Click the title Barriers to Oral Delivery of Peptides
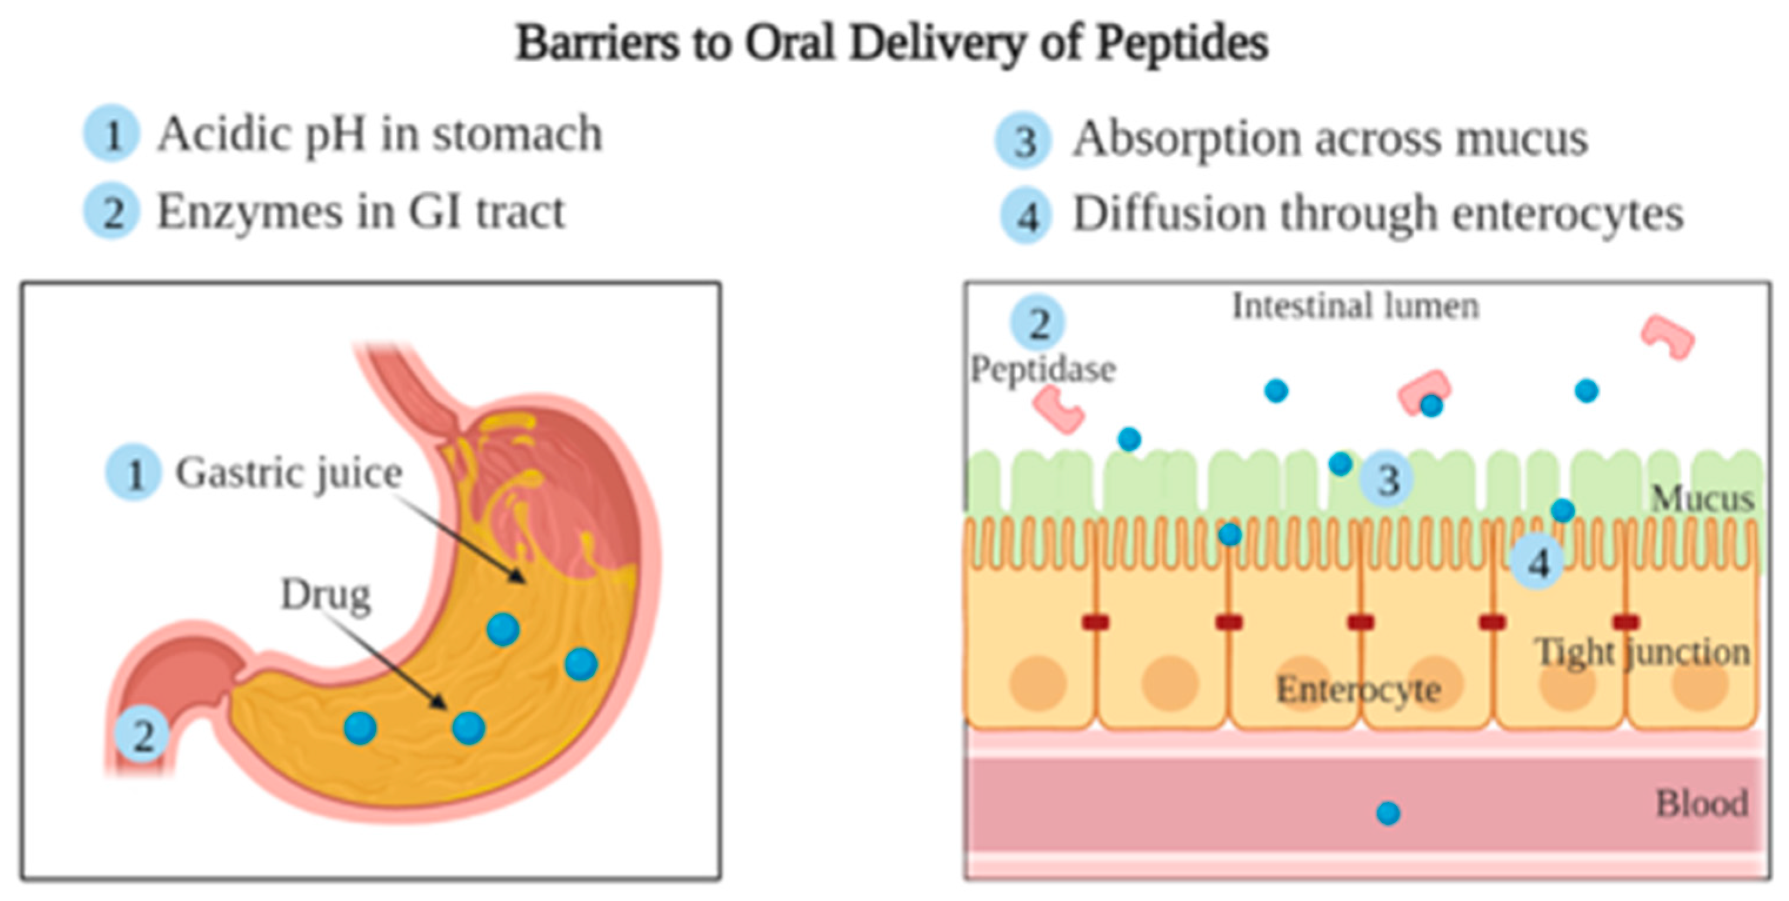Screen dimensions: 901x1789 pos(892,43)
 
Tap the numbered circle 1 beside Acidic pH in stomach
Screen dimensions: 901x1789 pos(111,134)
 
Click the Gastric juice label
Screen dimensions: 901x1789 pos(288,473)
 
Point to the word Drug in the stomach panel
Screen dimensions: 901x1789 pos(325,595)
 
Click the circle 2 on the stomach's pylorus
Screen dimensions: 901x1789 pos(142,735)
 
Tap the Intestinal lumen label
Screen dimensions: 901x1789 pos(1355,306)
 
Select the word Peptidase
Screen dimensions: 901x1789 pos(1043,369)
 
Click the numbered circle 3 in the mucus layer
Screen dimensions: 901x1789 pos(1386,479)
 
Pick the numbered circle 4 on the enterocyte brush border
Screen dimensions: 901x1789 pos(1538,562)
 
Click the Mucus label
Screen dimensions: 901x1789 pos(1702,499)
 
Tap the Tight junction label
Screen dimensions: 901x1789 pos(1642,652)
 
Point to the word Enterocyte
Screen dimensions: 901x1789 pos(1359,690)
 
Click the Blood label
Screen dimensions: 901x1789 pos(1701,804)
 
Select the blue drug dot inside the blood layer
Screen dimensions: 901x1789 pos(1387,813)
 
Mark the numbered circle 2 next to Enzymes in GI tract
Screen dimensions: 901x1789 pos(111,211)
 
